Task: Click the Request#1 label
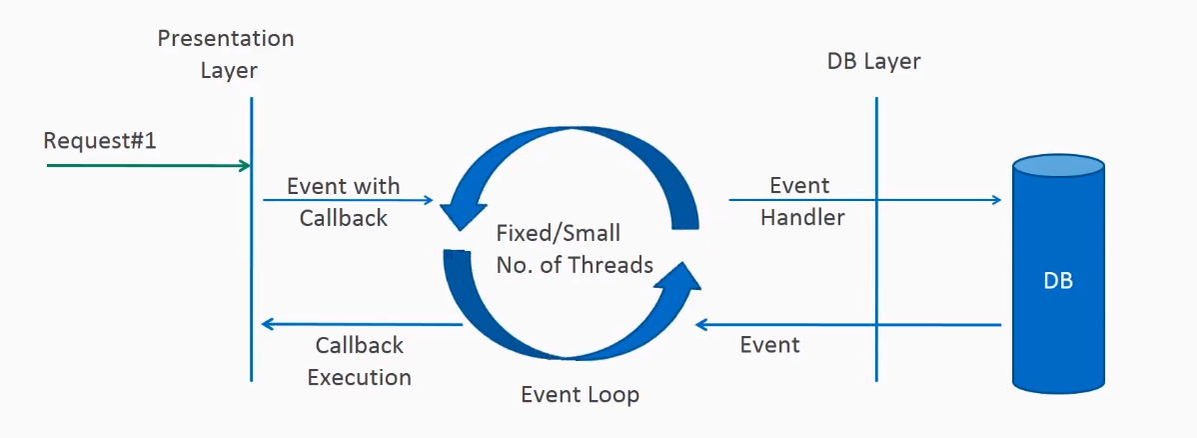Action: point(100,141)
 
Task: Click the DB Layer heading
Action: point(873,61)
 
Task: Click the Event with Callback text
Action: point(343,202)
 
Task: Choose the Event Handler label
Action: point(801,201)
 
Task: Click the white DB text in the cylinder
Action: point(1058,281)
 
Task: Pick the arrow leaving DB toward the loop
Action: point(849,324)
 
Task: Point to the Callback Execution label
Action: point(359,361)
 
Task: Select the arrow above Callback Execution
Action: point(360,324)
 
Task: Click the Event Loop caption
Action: point(580,394)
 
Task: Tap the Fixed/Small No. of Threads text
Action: point(575,249)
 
